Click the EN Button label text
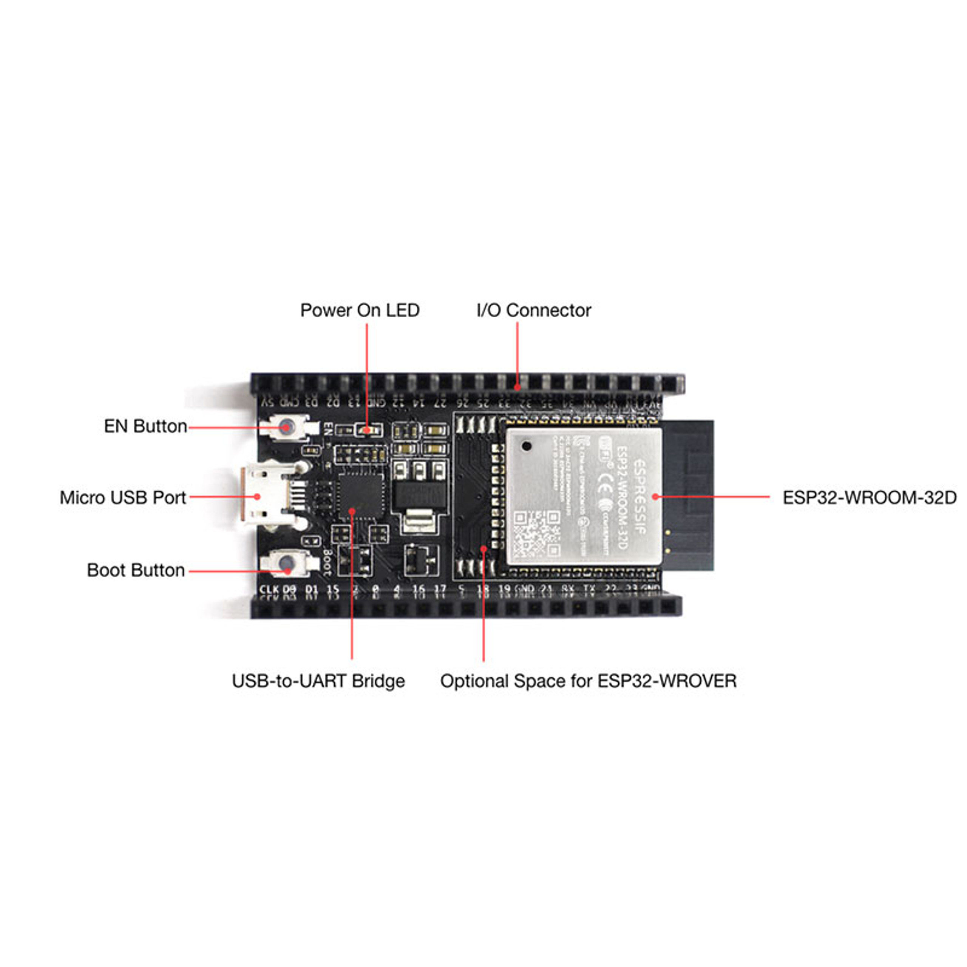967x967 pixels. pos(145,426)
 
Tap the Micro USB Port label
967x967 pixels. pos(123,497)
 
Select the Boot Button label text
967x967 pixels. pos(136,570)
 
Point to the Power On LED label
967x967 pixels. pos(359,310)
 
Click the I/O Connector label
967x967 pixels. pos(534,310)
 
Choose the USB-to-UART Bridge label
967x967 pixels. pos(318,681)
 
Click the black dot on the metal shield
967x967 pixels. pos(526,445)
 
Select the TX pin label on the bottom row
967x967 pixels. pos(589,590)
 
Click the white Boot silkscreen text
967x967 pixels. pos(327,562)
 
